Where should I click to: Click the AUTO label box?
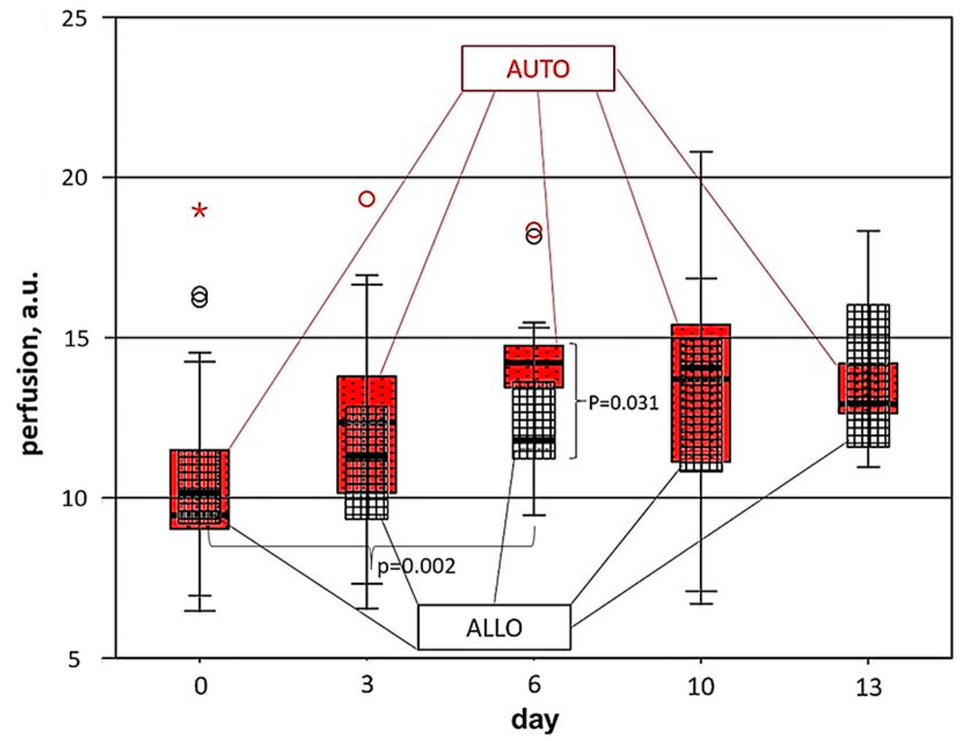point(537,68)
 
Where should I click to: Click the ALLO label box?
point(494,627)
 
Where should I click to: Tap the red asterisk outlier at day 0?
point(200,210)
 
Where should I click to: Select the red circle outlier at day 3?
point(367,199)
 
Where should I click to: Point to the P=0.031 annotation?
point(623,402)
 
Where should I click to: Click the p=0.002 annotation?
point(416,566)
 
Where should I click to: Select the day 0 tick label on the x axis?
point(200,687)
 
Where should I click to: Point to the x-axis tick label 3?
point(367,687)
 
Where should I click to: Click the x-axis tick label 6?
point(533,687)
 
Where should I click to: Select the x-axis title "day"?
point(534,720)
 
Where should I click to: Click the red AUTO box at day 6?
point(533,366)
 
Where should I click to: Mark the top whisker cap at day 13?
point(867,231)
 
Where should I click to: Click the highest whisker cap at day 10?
point(701,152)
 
